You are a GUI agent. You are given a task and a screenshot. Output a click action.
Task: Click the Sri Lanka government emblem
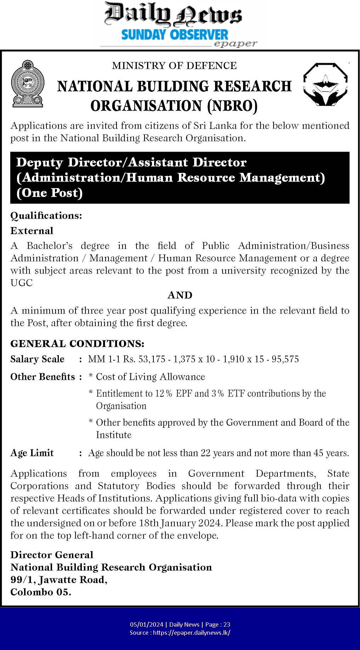pyautogui.click(x=28, y=84)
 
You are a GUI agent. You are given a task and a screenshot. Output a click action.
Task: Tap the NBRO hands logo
pyautogui.click(x=326, y=84)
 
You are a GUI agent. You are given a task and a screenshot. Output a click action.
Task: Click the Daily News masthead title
pyautogui.click(x=173, y=15)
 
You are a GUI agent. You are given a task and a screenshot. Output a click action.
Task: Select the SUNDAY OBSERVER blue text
pyautogui.click(x=175, y=35)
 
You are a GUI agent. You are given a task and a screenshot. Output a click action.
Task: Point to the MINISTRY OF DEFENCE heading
pyautogui.click(x=174, y=66)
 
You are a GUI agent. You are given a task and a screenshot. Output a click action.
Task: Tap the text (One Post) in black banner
pyautogui.click(x=49, y=193)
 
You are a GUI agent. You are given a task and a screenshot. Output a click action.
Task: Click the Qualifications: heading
pyautogui.click(x=46, y=215)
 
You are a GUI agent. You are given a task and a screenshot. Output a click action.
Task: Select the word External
pyautogui.click(x=32, y=231)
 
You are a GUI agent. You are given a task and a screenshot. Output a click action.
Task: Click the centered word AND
pyautogui.click(x=180, y=295)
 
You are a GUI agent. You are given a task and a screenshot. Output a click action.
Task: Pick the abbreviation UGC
pyautogui.click(x=22, y=283)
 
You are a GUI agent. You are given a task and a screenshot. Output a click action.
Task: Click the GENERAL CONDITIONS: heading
pyautogui.click(x=77, y=344)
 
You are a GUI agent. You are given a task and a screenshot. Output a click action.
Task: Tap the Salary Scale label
pyautogui.click(x=37, y=359)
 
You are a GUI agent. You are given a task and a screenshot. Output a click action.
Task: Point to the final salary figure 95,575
pyautogui.click(x=285, y=359)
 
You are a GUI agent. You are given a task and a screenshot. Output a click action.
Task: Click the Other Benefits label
pyautogui.click(x=43, y=377)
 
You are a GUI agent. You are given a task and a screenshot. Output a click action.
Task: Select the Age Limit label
pyautogui.click(x=32, y=453)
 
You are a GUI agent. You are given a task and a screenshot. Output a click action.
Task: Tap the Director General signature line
pyautogui.click(x=52, y=555)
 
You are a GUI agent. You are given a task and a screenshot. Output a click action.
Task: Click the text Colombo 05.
pyautogui.click(x=41, y=592)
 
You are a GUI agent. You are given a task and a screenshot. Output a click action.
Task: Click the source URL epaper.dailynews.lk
pyautogui.click(x=191, y=632)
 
